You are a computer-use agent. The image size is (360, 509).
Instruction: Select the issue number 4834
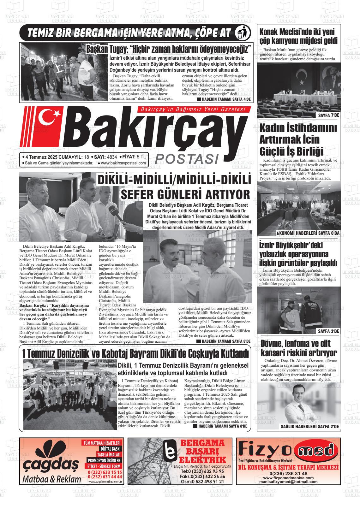click(x=112, y=157)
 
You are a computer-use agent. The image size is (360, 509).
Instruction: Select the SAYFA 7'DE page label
click(x=328, y=115)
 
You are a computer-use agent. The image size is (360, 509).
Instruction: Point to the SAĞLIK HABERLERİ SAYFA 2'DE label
click(x=309, y=427)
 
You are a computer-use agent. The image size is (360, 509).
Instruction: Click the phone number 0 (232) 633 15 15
click(x=105, y=472)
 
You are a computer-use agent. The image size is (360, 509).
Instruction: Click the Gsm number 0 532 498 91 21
click(x=207, y=482)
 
